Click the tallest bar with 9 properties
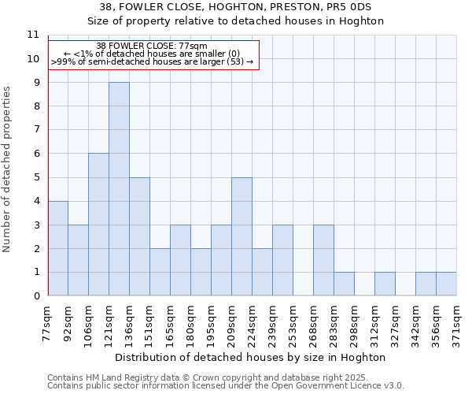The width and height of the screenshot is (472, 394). (x=119, y=189)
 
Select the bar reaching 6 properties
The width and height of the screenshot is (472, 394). (x=98, y=225)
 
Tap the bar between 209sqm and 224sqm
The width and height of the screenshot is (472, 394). (x=242, y=236)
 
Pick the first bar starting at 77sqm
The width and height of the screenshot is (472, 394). (x=57, y=248)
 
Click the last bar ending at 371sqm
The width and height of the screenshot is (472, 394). (x=446, y=284)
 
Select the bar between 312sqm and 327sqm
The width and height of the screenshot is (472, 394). (x=385, y=284)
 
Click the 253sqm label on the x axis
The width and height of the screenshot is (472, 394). (x=293, y=323)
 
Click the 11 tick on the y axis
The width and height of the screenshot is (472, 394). (x=33, y=35)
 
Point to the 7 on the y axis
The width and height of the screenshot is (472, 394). (x=36, y=130)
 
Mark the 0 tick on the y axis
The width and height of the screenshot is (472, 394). (x=36, y=296)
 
